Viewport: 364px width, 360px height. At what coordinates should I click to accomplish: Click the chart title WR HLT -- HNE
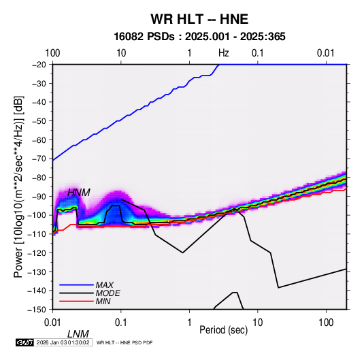point(199,19)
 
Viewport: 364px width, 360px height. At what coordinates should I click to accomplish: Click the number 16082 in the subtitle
point(129,37)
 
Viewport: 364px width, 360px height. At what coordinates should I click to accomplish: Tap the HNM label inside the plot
point(79,193)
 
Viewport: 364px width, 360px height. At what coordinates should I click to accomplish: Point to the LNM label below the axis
point(78,334)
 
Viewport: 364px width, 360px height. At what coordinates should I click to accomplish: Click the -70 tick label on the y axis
point(39,159)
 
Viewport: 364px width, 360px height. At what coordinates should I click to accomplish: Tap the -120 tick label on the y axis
point(37,253)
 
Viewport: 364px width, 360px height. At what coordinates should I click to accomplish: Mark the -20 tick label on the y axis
point(39,65)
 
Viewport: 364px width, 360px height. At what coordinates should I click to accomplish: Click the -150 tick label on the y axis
point(37,310)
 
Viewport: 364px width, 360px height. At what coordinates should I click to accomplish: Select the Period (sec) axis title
point(224,330)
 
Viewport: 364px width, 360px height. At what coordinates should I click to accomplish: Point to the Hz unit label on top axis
point(224,53)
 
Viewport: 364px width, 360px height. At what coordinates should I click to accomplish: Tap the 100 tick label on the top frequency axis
point(52,53)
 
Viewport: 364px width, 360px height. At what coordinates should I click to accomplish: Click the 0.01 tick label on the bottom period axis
point(53,323)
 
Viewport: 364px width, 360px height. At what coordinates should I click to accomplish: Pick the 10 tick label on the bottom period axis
point(258,323)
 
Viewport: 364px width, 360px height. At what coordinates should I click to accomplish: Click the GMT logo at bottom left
point(25,342)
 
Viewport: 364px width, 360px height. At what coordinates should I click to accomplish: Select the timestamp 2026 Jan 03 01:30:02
point(63,342)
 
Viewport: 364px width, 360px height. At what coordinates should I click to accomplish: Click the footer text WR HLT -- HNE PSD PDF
point(125,342)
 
